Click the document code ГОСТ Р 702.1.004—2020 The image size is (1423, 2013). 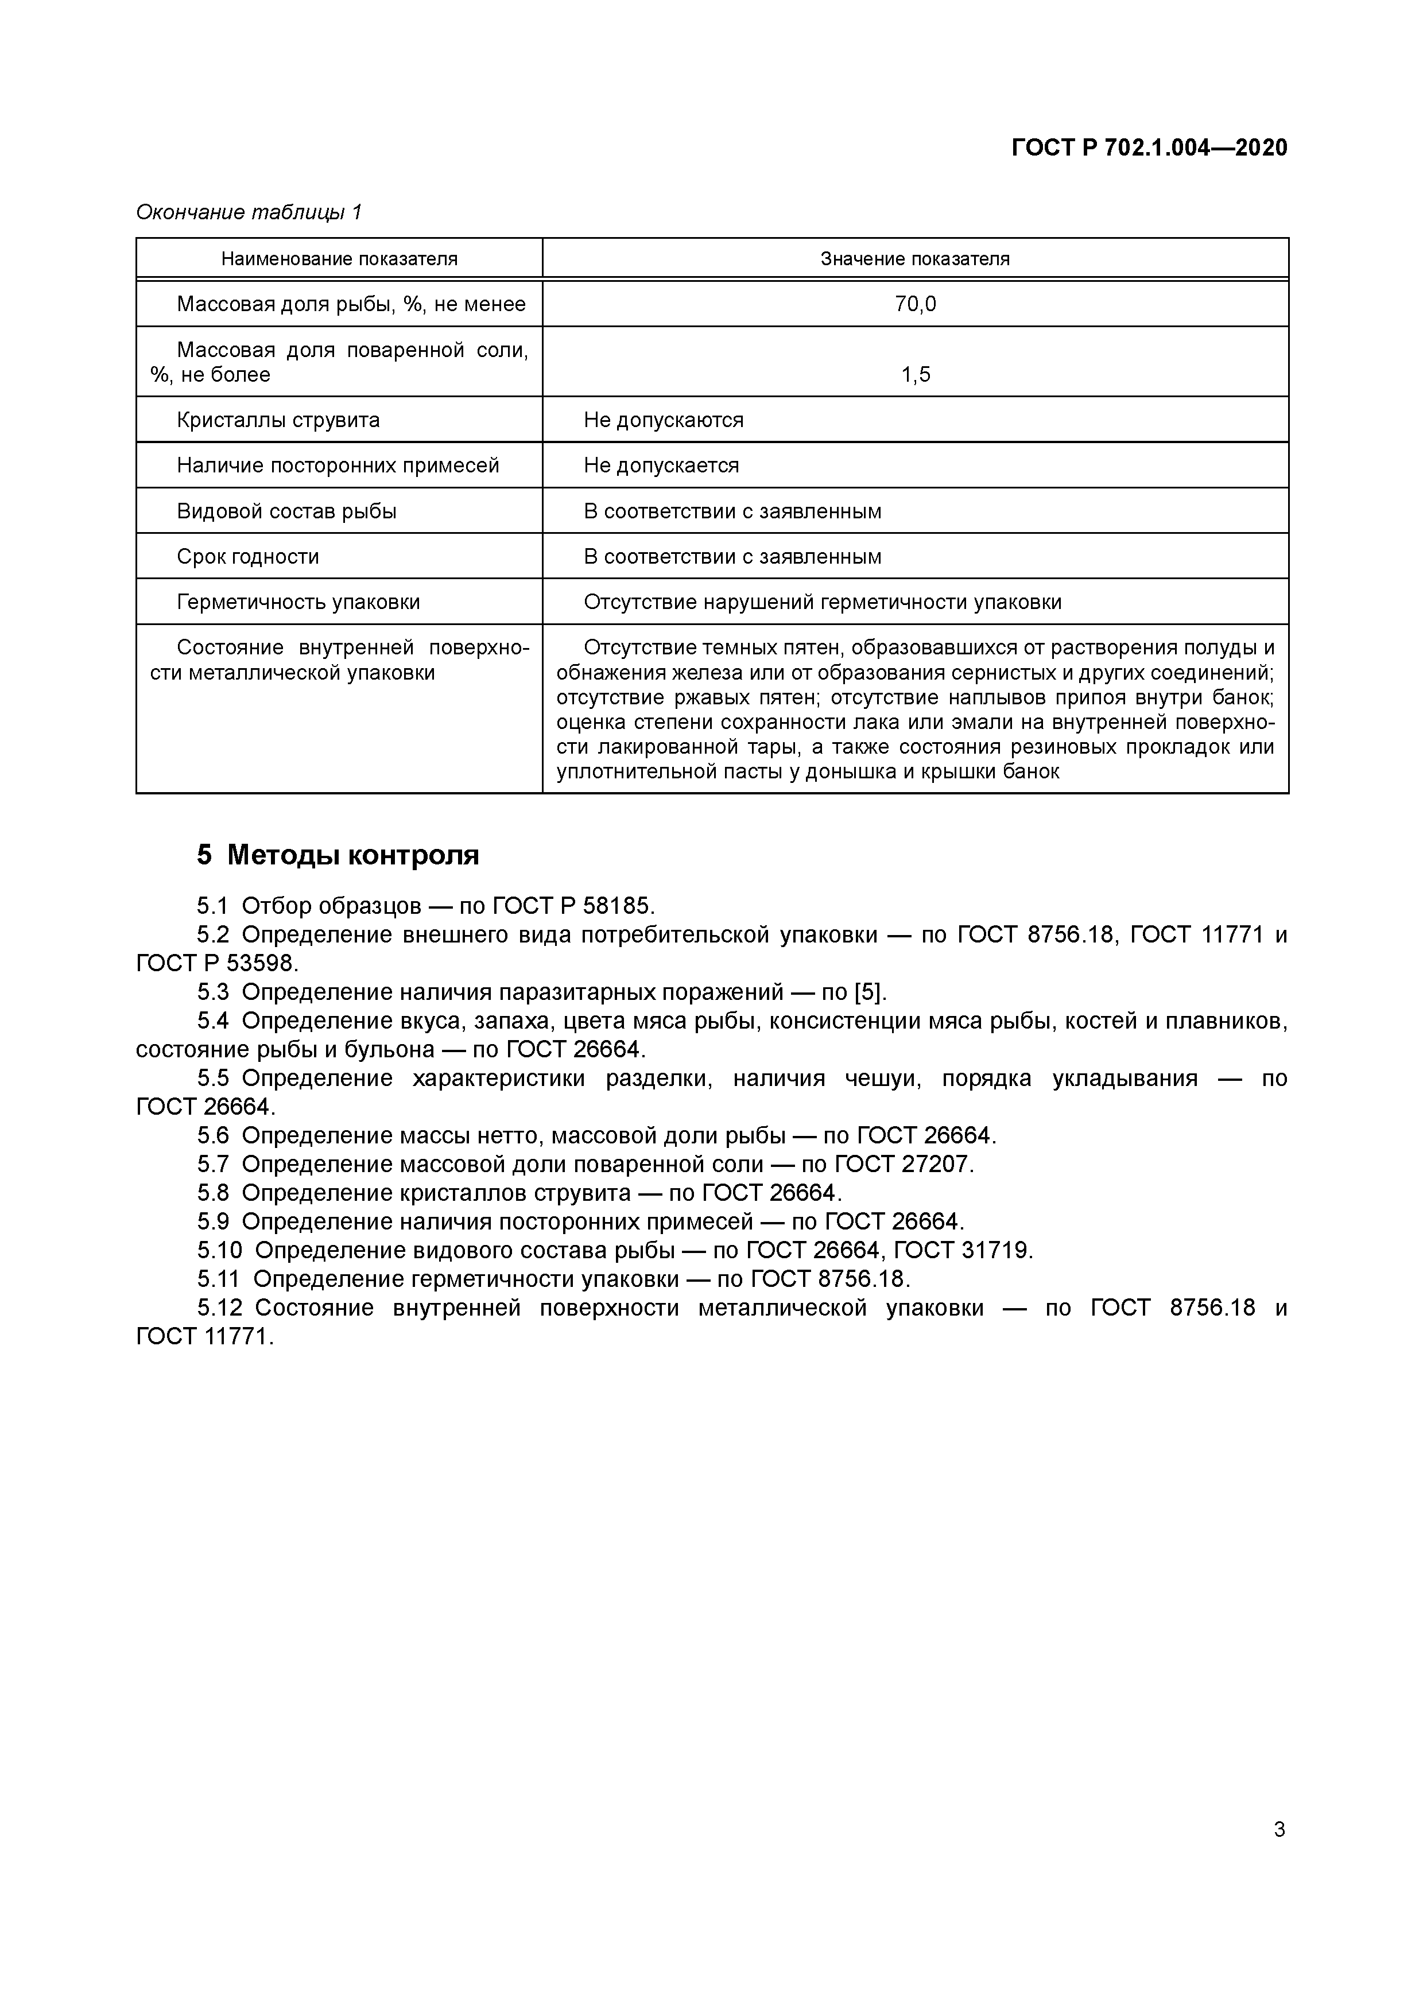click(1149, 148)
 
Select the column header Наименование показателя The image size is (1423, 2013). click(339, 259)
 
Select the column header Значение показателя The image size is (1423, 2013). click(914, 259)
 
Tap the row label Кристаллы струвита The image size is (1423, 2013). click(278, 420)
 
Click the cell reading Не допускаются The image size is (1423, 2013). click(663, 420)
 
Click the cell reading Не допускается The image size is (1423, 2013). click(661, 466)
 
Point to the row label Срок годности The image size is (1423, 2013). click(248, 557)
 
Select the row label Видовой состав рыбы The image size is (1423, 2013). click(286, 511)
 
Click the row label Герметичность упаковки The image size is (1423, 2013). click(298, 602)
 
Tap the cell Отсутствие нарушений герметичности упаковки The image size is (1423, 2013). click(823, 602)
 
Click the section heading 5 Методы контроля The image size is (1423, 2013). click(338, 855)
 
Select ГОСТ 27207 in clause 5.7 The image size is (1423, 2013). click(903, 1164)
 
